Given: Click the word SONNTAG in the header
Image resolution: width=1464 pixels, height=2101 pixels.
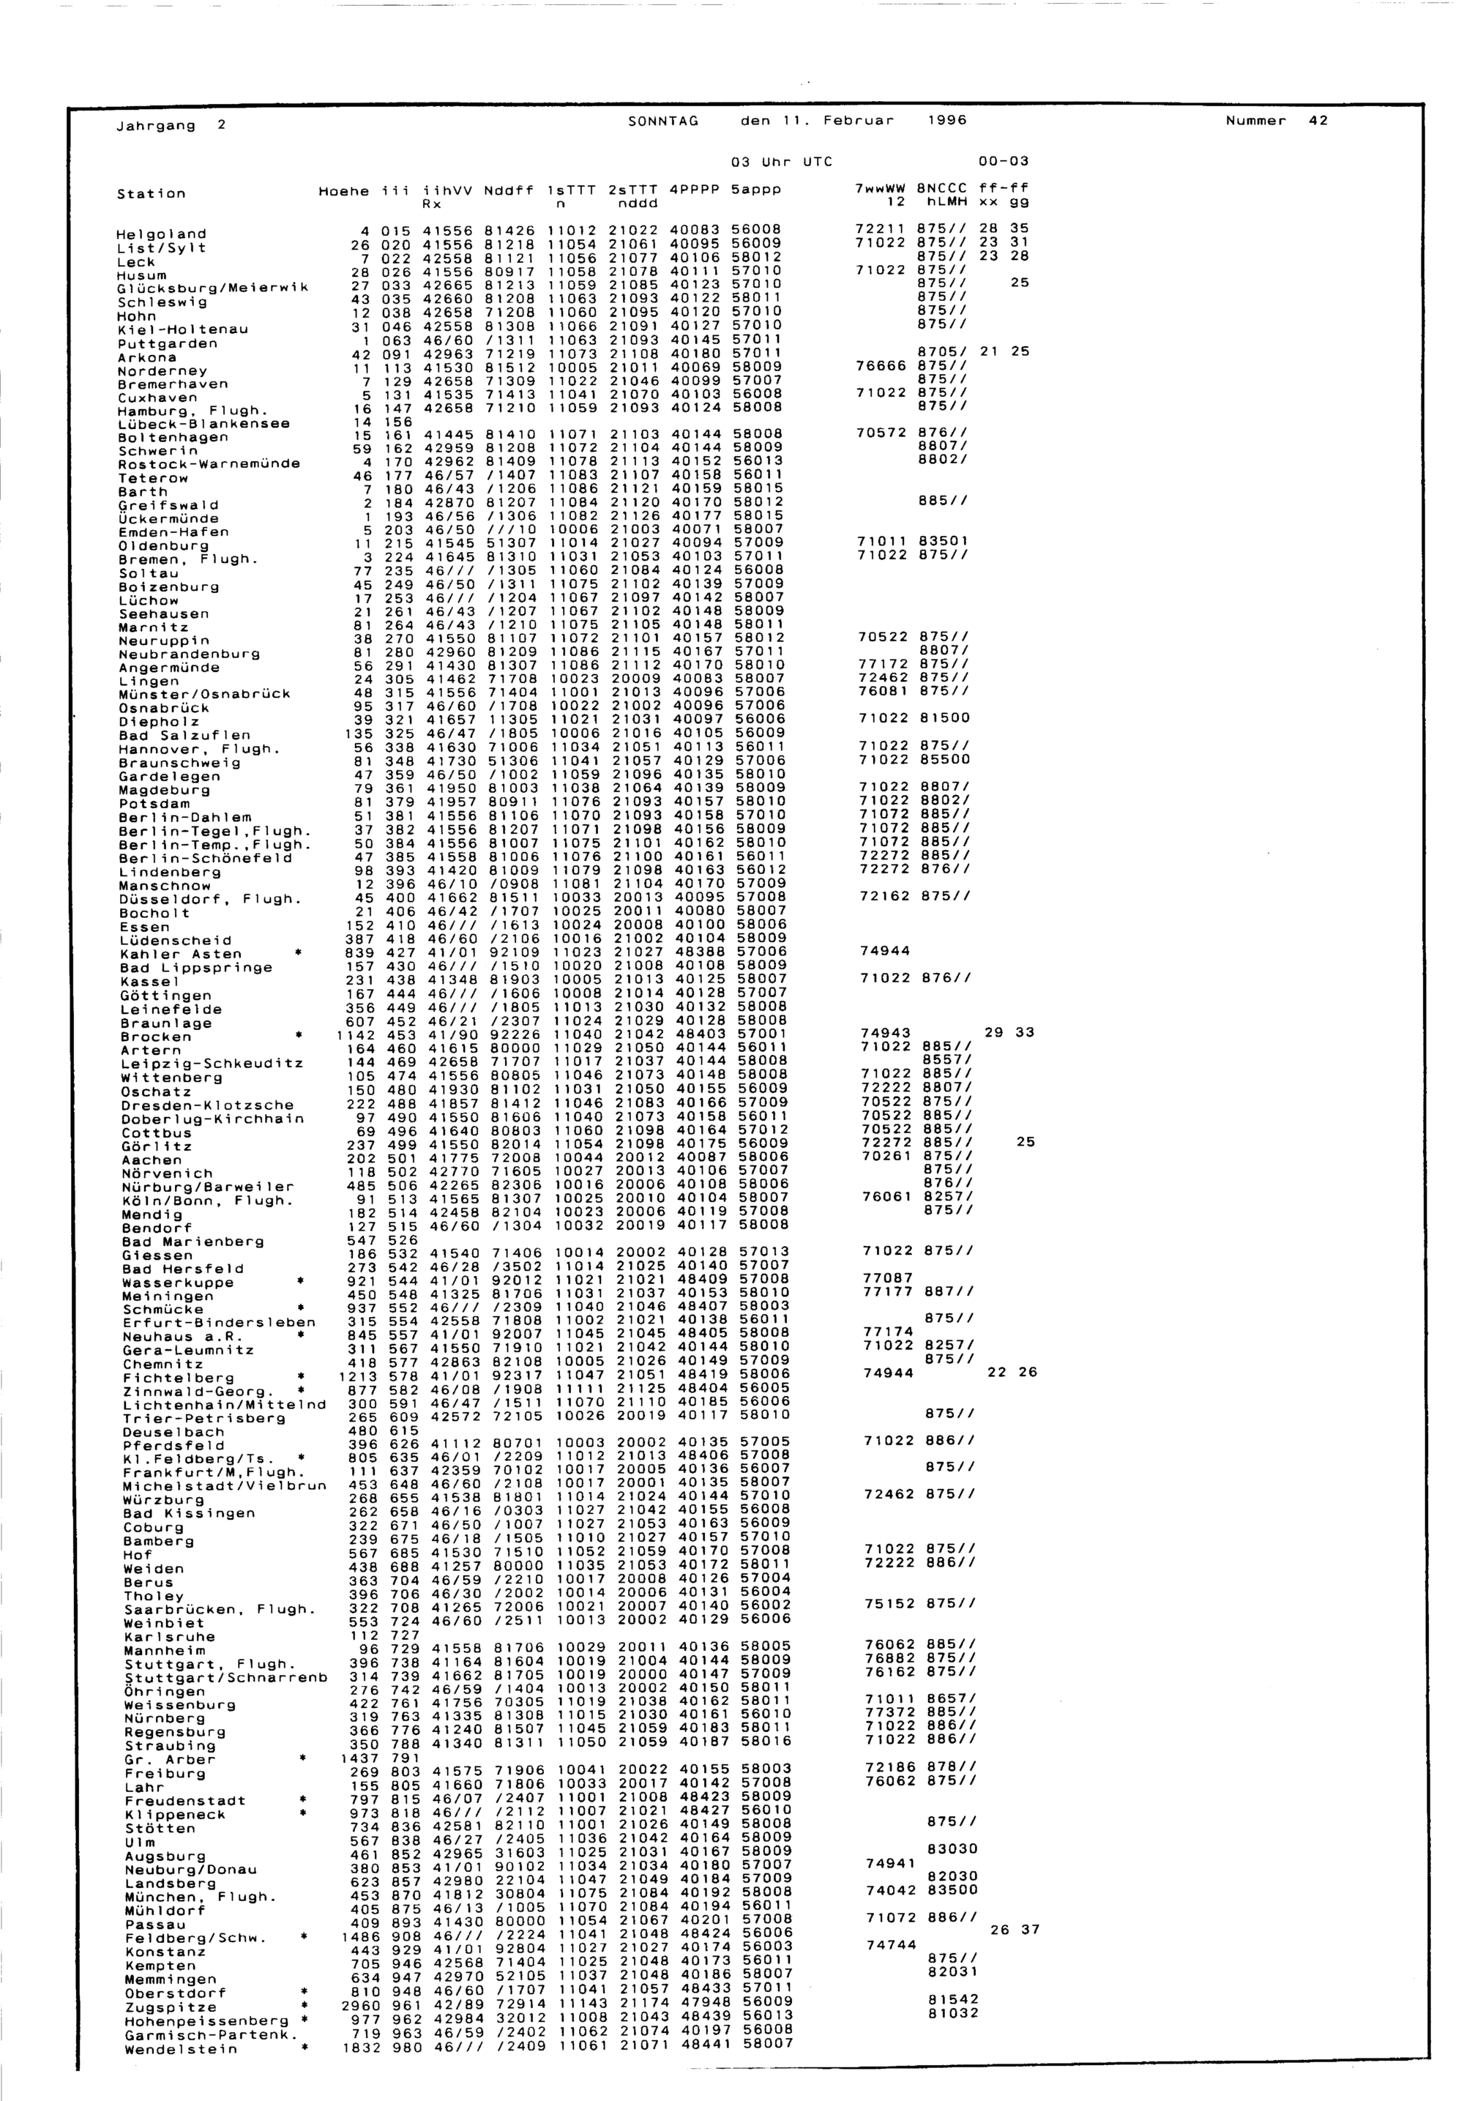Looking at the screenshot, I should click(x=663, y=121).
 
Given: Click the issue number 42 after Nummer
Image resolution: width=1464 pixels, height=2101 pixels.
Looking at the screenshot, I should click(x=1318, y=121).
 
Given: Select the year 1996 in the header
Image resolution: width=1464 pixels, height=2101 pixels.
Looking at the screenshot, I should click(x=948, y=121).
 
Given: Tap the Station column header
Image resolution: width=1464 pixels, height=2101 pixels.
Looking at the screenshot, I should click(x=151, y=193).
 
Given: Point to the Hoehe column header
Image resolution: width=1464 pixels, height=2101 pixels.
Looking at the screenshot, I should click(x=343, y=191).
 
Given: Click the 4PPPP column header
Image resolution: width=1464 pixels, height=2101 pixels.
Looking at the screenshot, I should click(x=695, y=190).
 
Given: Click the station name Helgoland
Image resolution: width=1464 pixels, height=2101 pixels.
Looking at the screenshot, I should click(x=162, y=234).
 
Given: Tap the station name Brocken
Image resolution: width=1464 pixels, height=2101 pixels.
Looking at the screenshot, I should click(x=155, y=1037).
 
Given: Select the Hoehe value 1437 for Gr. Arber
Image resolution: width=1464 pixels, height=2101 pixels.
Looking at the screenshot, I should click(x=359, y=1758).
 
